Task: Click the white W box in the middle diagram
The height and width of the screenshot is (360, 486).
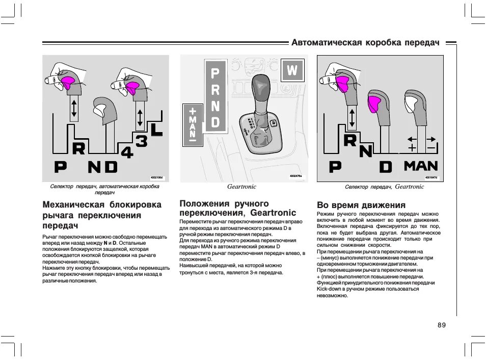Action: pos(292,70)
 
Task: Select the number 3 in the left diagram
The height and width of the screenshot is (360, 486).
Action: pos(141,140)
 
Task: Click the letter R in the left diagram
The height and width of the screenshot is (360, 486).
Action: pos(79,148)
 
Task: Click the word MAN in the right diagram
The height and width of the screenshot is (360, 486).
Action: pos(421,165)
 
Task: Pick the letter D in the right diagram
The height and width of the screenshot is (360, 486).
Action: pos(386,166)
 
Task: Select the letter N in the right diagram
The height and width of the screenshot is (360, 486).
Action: pos(365,151)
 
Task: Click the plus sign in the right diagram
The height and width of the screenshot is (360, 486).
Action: pos(412,148)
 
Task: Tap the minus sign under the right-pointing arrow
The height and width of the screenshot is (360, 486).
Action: pos(430,148)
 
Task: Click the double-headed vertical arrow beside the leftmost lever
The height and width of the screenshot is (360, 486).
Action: pos(74,108)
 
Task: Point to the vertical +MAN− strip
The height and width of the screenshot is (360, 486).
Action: pos(193,124)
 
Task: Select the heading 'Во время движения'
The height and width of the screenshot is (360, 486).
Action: pos(361,205)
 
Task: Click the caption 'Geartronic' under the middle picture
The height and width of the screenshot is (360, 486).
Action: pos(241,187)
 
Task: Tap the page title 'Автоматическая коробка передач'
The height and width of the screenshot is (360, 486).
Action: pos(365,43)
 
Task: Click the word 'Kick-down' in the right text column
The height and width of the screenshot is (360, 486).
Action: pos(328,289)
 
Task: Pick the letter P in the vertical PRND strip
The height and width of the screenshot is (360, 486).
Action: pos(215,73)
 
